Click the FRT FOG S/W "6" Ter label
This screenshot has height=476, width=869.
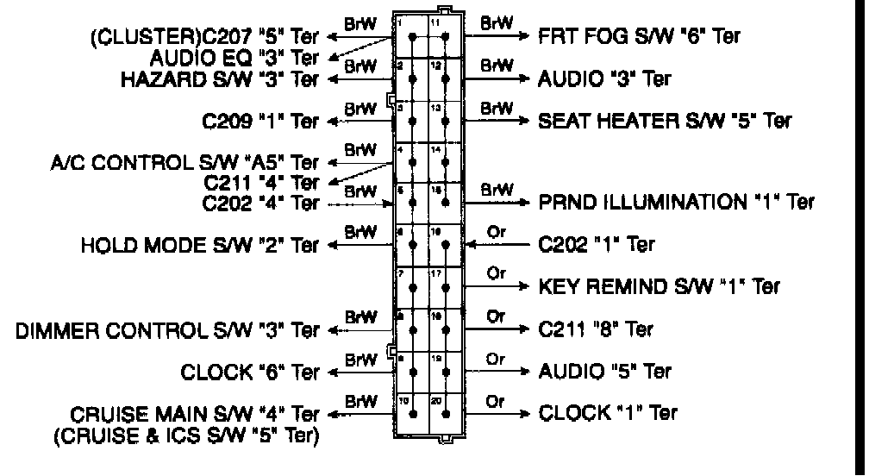tap(638, 37)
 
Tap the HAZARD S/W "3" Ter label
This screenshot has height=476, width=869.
tap(220, 79)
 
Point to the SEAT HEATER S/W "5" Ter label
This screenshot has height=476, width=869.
tap(663, 120)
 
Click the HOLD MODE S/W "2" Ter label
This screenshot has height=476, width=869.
tap(200, 245)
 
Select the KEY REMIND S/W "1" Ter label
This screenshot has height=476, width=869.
tap(659, 286)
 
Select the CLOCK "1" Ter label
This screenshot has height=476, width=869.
tap(608, 413)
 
